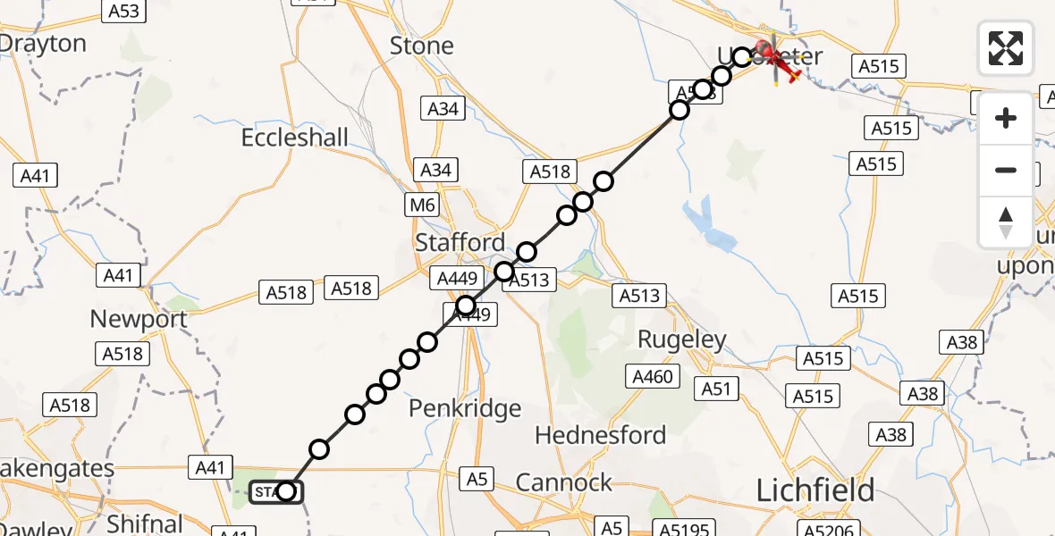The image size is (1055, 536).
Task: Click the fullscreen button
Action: tap(1006, 48)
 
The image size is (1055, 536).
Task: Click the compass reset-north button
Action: tap(1006, 222)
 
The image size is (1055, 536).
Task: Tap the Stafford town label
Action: tap(460, 242)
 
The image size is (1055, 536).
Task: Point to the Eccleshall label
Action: tap(295, 138)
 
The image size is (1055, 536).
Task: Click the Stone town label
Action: tap(422, 46)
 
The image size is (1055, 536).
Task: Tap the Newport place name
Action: tap(139, 319)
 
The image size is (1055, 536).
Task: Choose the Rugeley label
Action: tap(681, 339)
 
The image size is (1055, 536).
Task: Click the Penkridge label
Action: tap(465, 408)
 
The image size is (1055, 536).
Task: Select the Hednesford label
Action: tap(600, 435)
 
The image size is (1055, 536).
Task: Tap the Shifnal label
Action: tap(145, 523)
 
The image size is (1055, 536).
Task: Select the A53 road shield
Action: tap(123, 11)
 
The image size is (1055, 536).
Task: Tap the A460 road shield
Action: tap(652, 377)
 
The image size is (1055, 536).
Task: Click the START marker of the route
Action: tap(275, 491)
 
